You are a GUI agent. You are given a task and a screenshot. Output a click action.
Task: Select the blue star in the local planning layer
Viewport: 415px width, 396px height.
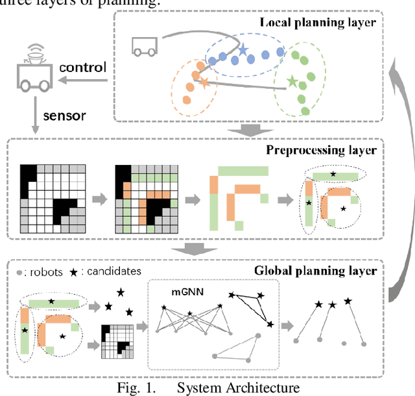[243, 51]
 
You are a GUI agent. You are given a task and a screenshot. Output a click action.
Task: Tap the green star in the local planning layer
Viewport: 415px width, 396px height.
[293, 81]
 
